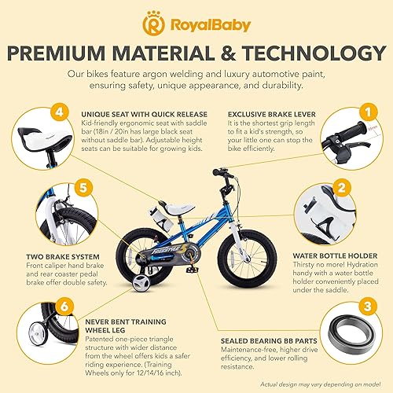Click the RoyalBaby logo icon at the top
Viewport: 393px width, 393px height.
click(152, 25)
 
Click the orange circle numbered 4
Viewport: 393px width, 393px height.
click(64, 113)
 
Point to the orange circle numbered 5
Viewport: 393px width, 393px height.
click(64, 210)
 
